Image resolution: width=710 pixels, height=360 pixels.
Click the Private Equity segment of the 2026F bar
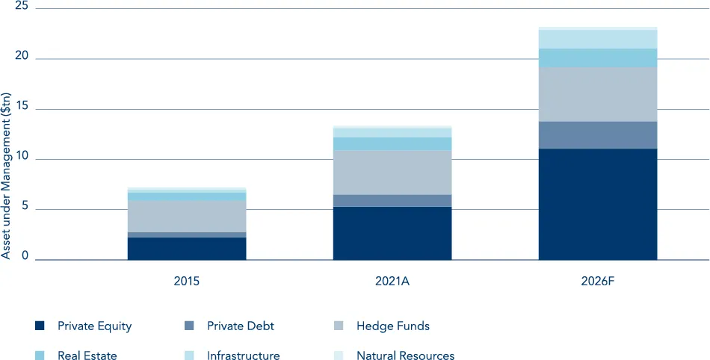(x=598, y=204)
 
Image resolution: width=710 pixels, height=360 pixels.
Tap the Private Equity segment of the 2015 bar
(x=187, y=249)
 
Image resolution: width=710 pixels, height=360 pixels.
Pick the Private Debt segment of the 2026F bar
(x=598, y=135)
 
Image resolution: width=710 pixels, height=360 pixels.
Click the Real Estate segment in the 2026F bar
(x=598, y=58)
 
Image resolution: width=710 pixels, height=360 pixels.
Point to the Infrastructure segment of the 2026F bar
(x=598, y=39)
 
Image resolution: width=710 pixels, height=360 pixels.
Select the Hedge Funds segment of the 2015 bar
(x=187, y=217)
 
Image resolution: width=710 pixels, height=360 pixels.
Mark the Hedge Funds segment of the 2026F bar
(x=598, y=95)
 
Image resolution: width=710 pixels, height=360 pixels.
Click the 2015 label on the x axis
(x=187, y=282)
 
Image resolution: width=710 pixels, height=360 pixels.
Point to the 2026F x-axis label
(x=598, y=282)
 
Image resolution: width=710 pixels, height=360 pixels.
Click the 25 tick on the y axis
(x=21, y=7)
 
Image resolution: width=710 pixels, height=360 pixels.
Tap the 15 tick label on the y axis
(x=21, y=108)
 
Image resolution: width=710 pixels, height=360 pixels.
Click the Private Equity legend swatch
(x=40, y=326)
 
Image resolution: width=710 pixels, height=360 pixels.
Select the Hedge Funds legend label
(x=393, y=326)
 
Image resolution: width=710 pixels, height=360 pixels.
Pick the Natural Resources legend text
(x=405, y=356)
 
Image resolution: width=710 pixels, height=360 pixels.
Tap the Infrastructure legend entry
(x=243, y=356)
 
